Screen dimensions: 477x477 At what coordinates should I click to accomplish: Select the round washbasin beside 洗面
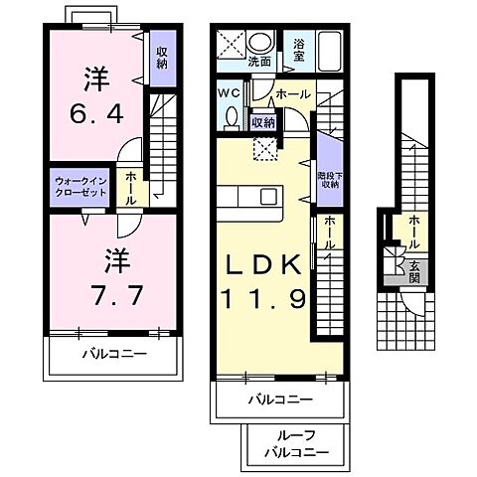pyautogui.click(x=262, y=42)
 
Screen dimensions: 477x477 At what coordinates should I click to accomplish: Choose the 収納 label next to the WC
pyautogui.click(x=261, y=122)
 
